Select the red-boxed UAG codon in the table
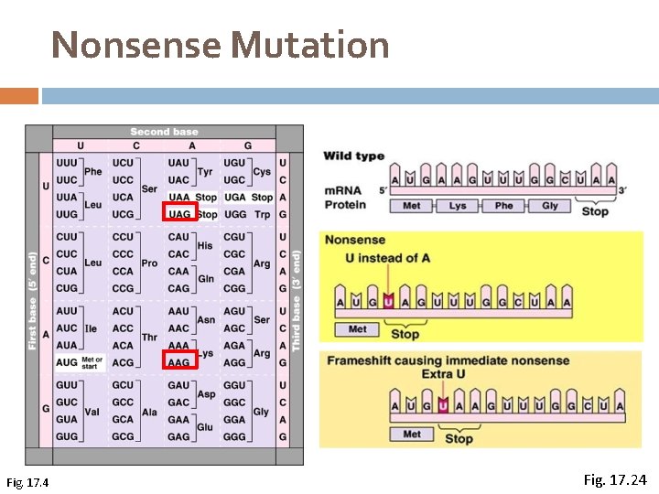point(178,214)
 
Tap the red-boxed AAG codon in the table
point(178,362)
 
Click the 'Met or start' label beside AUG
point(92,362)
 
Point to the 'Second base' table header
point(164,132)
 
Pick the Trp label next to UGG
point(262,214)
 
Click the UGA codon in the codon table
point(234,197)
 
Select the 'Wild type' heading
point(353,156)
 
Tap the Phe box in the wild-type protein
point(503,206)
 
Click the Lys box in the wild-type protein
point(458,206)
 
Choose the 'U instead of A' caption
point(387,258)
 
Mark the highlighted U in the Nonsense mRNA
point(388,301)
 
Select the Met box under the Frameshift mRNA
point(412,435)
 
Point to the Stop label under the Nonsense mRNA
point(405,334)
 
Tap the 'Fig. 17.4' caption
point(27,482)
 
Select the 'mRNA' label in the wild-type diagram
point(343,189)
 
